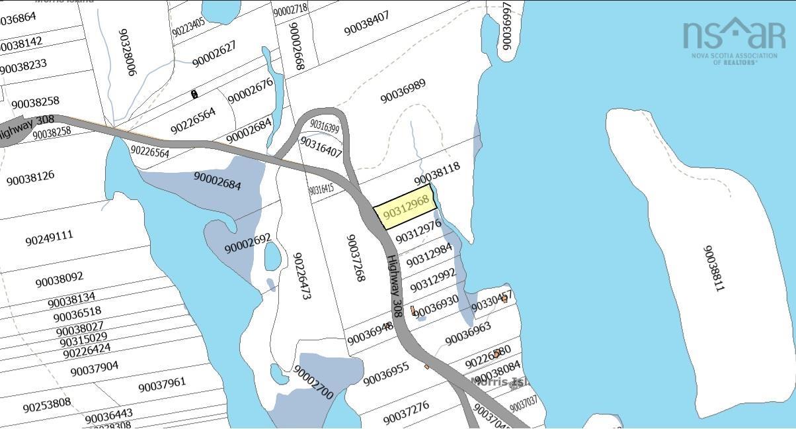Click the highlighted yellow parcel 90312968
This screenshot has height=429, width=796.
tap(406, 207)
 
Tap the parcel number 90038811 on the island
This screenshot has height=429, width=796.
tap(714, 269)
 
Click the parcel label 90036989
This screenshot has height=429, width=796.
tap(403, 91)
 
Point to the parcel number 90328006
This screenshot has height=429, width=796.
tap(127, 52)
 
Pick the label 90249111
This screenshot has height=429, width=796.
tap(49, 237)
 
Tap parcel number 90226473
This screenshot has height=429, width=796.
tap(301, 275)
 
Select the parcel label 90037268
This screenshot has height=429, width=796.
tap(355, 258)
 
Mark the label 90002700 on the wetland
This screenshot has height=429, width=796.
tap(313, 382)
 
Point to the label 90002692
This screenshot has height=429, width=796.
tap(248, 243)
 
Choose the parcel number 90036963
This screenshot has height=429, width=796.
tap(468, 334)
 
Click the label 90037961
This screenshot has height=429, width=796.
tap(162, 385)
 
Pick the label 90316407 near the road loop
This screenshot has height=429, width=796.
tap(321, 146)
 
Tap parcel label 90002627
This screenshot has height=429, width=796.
tap(214, 54)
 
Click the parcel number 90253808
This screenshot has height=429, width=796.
tap(47, 405)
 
